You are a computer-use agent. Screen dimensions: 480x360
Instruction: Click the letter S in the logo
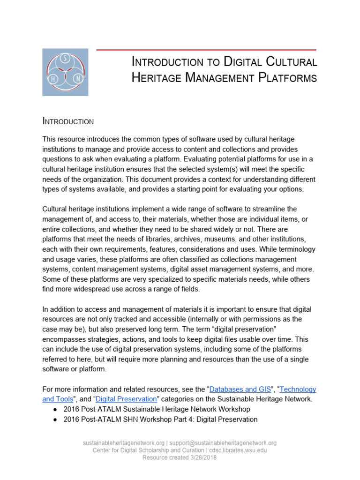point(65,58)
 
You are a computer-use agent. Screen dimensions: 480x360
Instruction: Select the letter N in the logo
point(77,79)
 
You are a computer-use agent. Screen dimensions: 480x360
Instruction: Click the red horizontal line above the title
point(206,49)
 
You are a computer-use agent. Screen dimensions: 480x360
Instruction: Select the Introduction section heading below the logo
point(68,121)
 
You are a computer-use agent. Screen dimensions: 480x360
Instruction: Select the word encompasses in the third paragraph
point(65,339)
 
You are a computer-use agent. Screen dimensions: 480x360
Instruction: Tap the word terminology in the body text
point(294,249)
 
